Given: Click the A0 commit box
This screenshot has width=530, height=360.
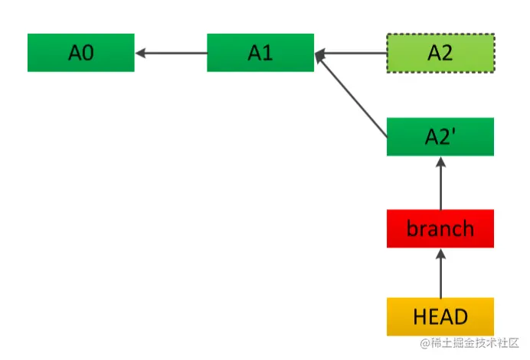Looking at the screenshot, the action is [x=80, y=53].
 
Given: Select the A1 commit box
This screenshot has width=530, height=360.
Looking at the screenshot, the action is [x=260, y=53].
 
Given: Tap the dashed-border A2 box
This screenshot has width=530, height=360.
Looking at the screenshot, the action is [x=440, y=53].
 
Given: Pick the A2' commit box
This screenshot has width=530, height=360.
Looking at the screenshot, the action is [x=440, y=136].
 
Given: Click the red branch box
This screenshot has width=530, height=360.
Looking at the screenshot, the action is [x=440, y=228].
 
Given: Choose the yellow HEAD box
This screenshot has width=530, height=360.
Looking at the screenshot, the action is [x=440, y=317].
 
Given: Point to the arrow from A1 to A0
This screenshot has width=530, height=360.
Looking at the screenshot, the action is [x=171, y=53].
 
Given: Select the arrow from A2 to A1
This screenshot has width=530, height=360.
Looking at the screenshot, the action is [x=351, y=53].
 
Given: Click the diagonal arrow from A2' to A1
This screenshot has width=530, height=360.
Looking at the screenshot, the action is [x=352, y=95].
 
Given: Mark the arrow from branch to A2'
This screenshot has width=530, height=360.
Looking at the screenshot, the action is [x=440, y=183].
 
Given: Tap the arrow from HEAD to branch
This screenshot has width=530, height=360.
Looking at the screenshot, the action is [x=440, y=273].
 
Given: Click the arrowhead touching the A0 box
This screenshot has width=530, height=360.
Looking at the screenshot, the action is [x=140, y=53].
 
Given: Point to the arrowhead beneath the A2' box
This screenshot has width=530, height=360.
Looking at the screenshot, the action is [x=440, y=162].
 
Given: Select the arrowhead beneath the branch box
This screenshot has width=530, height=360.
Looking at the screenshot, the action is [x=440, y=254].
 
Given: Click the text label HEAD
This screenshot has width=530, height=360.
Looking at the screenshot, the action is [x=440, y=317].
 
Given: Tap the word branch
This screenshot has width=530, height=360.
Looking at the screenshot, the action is [x=440, y=228].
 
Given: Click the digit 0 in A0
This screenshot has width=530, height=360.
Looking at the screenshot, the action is [x=88, y=53].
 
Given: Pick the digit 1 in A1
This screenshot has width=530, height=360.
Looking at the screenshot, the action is [x=267, y=53].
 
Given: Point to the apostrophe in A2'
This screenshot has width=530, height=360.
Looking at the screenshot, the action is [x=453, y=132].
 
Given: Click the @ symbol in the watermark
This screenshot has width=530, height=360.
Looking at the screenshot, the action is [x=425, y=343].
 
